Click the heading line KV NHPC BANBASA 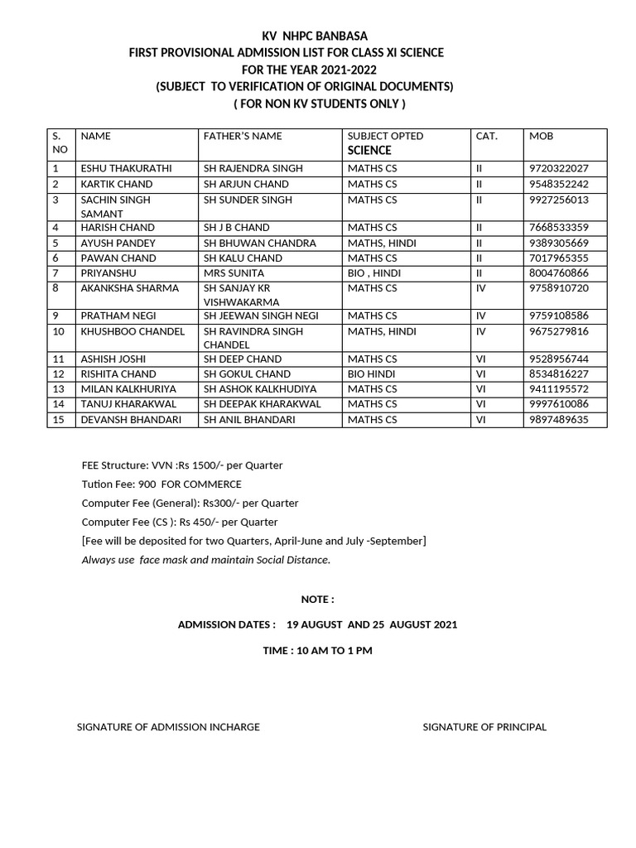314,36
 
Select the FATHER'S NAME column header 243,136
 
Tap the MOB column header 541,136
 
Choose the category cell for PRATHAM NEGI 482,316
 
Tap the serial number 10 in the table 58,331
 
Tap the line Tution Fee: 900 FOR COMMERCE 161,484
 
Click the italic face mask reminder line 205,560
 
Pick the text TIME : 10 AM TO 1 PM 317,651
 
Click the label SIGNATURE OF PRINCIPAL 484,727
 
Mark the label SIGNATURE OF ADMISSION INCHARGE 168,727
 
